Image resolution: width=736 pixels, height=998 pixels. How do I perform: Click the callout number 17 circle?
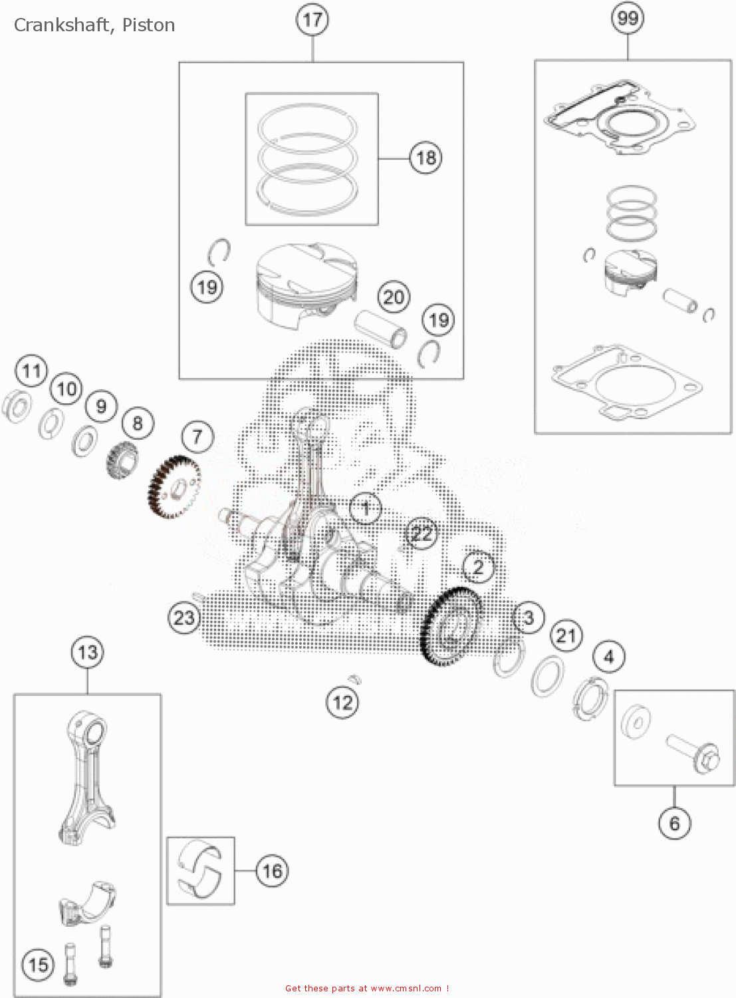tap(312, 19)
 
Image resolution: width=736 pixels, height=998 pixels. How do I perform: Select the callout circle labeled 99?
tap(628, 18)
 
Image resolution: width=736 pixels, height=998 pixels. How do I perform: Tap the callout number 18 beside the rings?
tap(426, 158)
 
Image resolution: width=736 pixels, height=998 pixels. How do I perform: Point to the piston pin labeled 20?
tap(381, 327)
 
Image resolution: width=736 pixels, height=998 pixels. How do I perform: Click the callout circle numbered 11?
tap(31, 371)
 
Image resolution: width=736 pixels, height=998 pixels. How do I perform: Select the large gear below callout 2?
tap(452, 625)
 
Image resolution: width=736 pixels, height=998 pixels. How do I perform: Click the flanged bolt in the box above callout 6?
tap(694, 754)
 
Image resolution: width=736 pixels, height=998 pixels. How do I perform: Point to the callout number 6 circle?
tap(674, 824)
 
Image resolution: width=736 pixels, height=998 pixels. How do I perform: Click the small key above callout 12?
tap(354, 678)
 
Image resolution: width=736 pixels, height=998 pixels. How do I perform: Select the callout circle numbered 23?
tap(184, 617)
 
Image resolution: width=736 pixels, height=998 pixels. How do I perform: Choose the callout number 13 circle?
tap(88, 652)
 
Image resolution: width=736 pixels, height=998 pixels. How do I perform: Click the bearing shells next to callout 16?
tap(199, 870)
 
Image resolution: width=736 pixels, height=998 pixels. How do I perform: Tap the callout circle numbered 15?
tap(38, 964)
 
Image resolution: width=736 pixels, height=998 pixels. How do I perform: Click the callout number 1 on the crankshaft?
tap(366, 509)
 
